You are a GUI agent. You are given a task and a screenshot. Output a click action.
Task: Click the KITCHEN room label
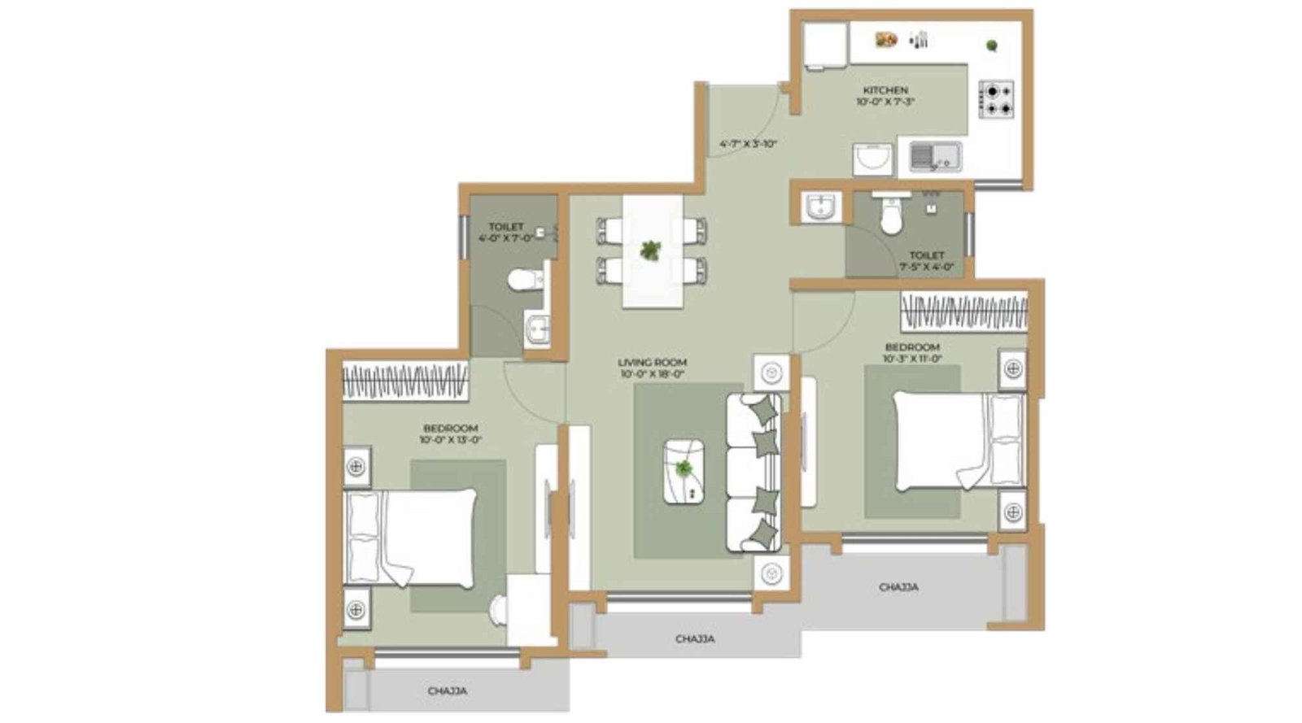click(885, 90)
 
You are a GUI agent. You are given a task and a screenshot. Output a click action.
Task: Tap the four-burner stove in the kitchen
click(996, 99)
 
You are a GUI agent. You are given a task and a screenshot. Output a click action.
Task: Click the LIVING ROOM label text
click(652, 363)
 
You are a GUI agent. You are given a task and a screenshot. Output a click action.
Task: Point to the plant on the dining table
click(650, 250)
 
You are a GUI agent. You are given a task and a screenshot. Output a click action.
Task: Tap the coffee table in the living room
click(684, 471)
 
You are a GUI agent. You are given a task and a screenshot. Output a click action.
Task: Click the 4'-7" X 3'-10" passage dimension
click(748, 144)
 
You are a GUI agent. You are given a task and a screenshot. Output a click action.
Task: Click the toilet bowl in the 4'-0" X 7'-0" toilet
click(524, 281)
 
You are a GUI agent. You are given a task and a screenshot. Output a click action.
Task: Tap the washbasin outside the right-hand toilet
click(819, 207)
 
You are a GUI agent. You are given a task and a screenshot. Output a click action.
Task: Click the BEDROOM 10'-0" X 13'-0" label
click(450, 429)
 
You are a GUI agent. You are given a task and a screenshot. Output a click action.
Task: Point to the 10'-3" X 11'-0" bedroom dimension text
click(912, 358)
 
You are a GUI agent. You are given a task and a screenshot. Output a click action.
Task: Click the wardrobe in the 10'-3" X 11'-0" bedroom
click(963, 312)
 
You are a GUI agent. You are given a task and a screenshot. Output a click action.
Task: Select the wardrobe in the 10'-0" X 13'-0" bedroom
click(404, 381)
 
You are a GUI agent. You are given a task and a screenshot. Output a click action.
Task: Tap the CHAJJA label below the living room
click(695, 639)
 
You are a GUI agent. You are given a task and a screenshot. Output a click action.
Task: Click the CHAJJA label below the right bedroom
click(898, 587)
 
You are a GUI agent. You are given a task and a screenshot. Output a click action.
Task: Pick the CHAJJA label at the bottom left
click(448, 691)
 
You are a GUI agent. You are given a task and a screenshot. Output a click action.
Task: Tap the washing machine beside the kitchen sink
click(873, 159)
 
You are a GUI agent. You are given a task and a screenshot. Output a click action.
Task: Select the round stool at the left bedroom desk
click(498, 609)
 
